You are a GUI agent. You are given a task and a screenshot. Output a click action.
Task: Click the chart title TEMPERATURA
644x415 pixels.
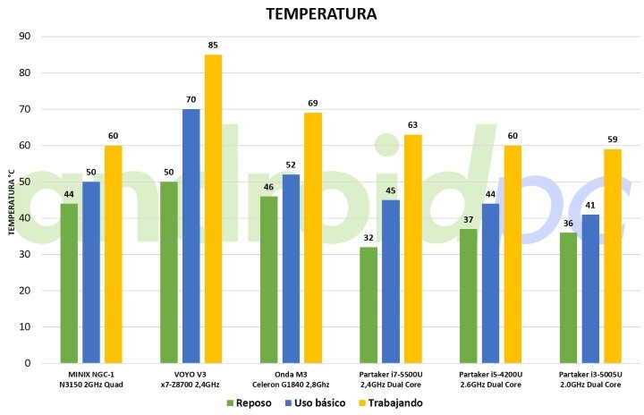(321, 14)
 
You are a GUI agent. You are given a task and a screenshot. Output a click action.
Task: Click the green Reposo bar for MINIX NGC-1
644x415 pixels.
(69, 283)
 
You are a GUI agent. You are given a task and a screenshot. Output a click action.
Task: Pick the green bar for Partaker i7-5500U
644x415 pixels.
(369, 305)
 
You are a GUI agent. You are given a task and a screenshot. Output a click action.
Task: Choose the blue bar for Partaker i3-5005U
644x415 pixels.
(590, 289)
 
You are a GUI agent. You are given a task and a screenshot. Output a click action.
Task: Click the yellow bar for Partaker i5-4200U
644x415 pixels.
(513, 254)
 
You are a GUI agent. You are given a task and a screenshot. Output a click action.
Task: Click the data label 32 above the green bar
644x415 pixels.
(369, 239)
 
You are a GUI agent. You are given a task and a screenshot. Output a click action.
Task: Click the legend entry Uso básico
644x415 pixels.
(314, 402)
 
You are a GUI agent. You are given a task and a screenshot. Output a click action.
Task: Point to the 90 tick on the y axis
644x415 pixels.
(25, 37)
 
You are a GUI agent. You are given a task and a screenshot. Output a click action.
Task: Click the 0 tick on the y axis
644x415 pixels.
(28, 364)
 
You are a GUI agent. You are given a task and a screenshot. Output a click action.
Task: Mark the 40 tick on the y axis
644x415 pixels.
(25, 218)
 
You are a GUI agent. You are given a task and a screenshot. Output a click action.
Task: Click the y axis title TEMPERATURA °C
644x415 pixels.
(12, 200)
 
